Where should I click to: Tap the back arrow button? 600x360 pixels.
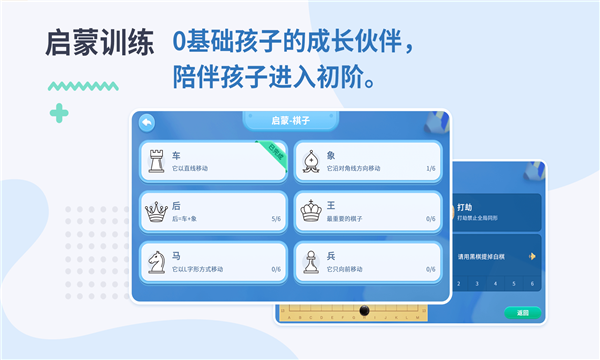pyautogui.click(x=147, y=122)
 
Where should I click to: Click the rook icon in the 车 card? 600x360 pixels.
pyautogui.click(x=157, y=160)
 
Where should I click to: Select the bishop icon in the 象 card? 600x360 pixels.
pyautogui.click(x=312, y=160)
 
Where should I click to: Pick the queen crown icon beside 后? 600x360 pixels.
pyautogui.click(x=157, y=211)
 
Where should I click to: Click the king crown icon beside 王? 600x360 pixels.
pyautogui.click(x=312, y=211)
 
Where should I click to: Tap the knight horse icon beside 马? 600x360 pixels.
pyautogui.click(x=157, y=262)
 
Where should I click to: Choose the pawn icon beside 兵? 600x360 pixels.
pyautogui.click(x=312, y=262)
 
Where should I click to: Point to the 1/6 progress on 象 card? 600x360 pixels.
pyautogui.click(x=430, y=168)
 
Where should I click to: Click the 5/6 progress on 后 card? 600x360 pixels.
pyautogui.click(x=275, y=219)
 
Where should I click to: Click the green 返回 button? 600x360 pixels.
pyautogui.click(x=522, y=313)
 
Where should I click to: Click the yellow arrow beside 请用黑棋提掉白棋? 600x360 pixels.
pyautogui.click(x=532, y=256)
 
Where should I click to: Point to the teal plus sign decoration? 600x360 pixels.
pyautogui.click(x=60, y=112)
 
